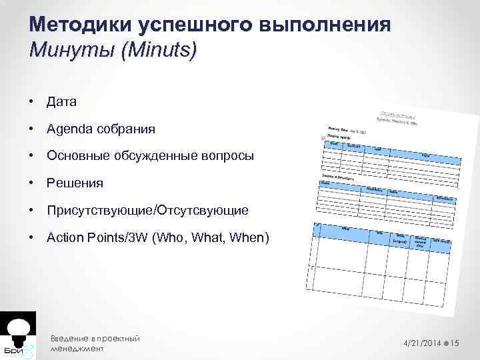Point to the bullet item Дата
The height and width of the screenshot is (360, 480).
(x=61, y=102)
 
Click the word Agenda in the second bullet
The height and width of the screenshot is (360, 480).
(x=69, y=129)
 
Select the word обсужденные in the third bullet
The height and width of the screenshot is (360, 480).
(x=162, y=156)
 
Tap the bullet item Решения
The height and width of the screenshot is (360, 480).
(x=75, y=183)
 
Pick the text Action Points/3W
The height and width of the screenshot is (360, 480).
(x=97, y=237)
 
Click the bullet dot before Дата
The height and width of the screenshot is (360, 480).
(x=32, y=102)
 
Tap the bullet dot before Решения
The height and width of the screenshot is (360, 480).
(x=32, y=183)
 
